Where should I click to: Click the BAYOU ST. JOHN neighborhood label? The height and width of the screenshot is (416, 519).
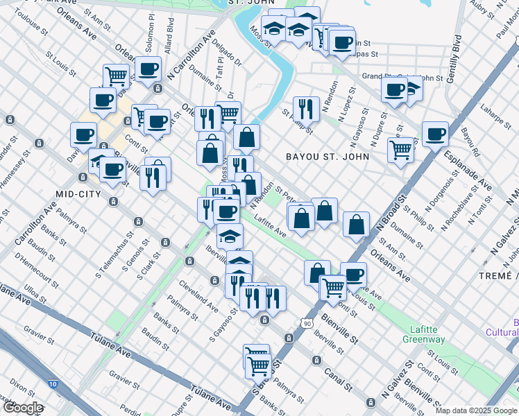pyautogui.click(x=327, y=157)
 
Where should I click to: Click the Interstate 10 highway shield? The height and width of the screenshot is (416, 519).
pyautogui.click(x=54, y=384)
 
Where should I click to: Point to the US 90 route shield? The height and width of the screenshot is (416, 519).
pyautogui.click(x=306, y=322)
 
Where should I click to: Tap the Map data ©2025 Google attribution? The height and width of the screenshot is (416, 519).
pyautogui.click(x=476, y=410)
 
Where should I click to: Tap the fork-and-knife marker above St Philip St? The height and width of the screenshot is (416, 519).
pyautogui.click(x=305, y=108)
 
